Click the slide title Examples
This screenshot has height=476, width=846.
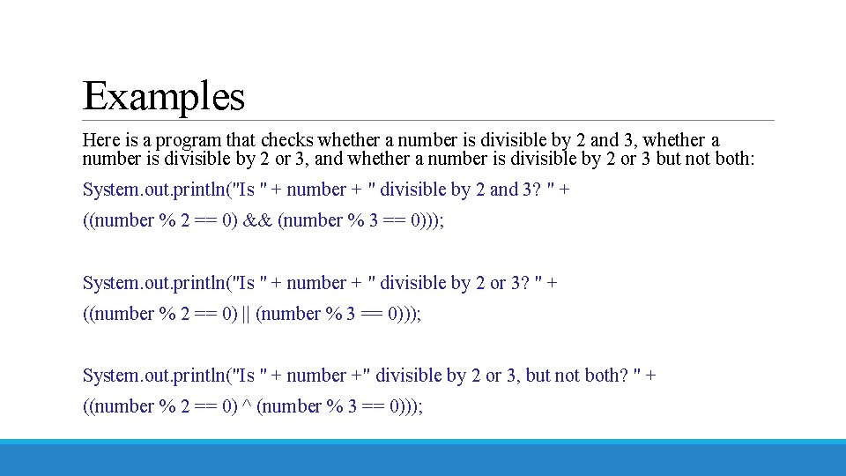163,95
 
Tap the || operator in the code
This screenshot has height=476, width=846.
246,314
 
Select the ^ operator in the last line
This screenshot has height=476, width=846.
246,406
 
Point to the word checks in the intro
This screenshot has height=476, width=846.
286,140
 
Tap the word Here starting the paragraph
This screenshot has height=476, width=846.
100,140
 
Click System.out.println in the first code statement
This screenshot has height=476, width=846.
154,190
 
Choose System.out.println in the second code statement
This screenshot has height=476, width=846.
154,283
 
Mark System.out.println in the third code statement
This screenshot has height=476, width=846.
154,376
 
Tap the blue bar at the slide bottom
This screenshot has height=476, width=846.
423,457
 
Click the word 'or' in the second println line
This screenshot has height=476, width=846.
498,283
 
